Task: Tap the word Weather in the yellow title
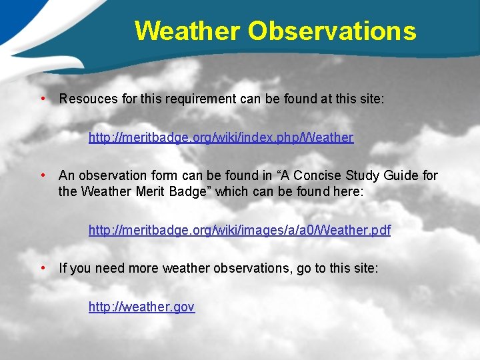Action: click(x=187, y=31)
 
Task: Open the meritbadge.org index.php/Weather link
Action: click(x=221, y=138)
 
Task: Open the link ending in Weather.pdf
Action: click(x=239, y=231)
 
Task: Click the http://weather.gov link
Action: click(x=141, y=307)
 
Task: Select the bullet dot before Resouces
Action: click(x=43, y=99)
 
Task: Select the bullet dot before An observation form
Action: click(x=43, y=175)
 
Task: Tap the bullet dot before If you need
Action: click(x=43, y=268)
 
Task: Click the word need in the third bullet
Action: click(x=107, y=269)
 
